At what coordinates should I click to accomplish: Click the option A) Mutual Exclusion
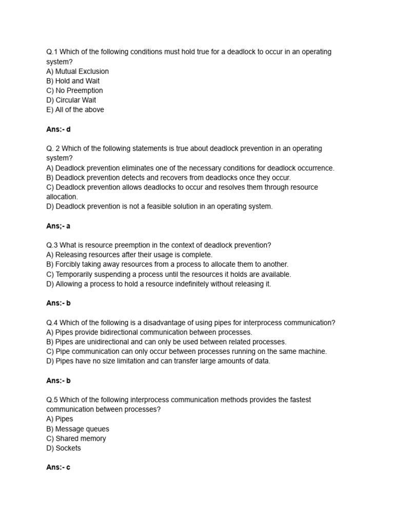coord(77,71)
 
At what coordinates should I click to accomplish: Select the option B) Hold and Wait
coord(73,81)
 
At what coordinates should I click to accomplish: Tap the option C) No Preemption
coord(74,90)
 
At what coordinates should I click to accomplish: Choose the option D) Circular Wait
coord(71,100)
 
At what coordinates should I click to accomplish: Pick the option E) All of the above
coord(75,109)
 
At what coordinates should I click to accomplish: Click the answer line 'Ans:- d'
coord(58,129)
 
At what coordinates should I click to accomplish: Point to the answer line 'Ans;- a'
coord(58,226)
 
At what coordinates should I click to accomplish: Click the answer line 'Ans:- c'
coord(58,467)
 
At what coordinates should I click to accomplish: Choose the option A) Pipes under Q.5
coord(60,419)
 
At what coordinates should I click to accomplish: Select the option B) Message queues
coord(77,429)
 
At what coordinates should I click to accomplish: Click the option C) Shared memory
coord(76,439)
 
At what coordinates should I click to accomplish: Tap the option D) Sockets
coord(64,448)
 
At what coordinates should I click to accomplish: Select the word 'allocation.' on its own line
coord(62,197)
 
